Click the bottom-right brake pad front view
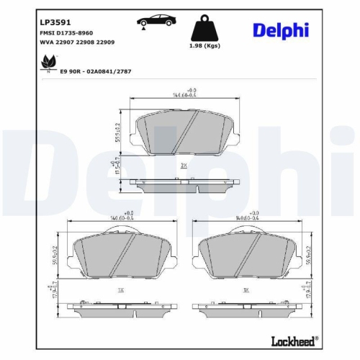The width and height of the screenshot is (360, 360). tap(246, 256)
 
